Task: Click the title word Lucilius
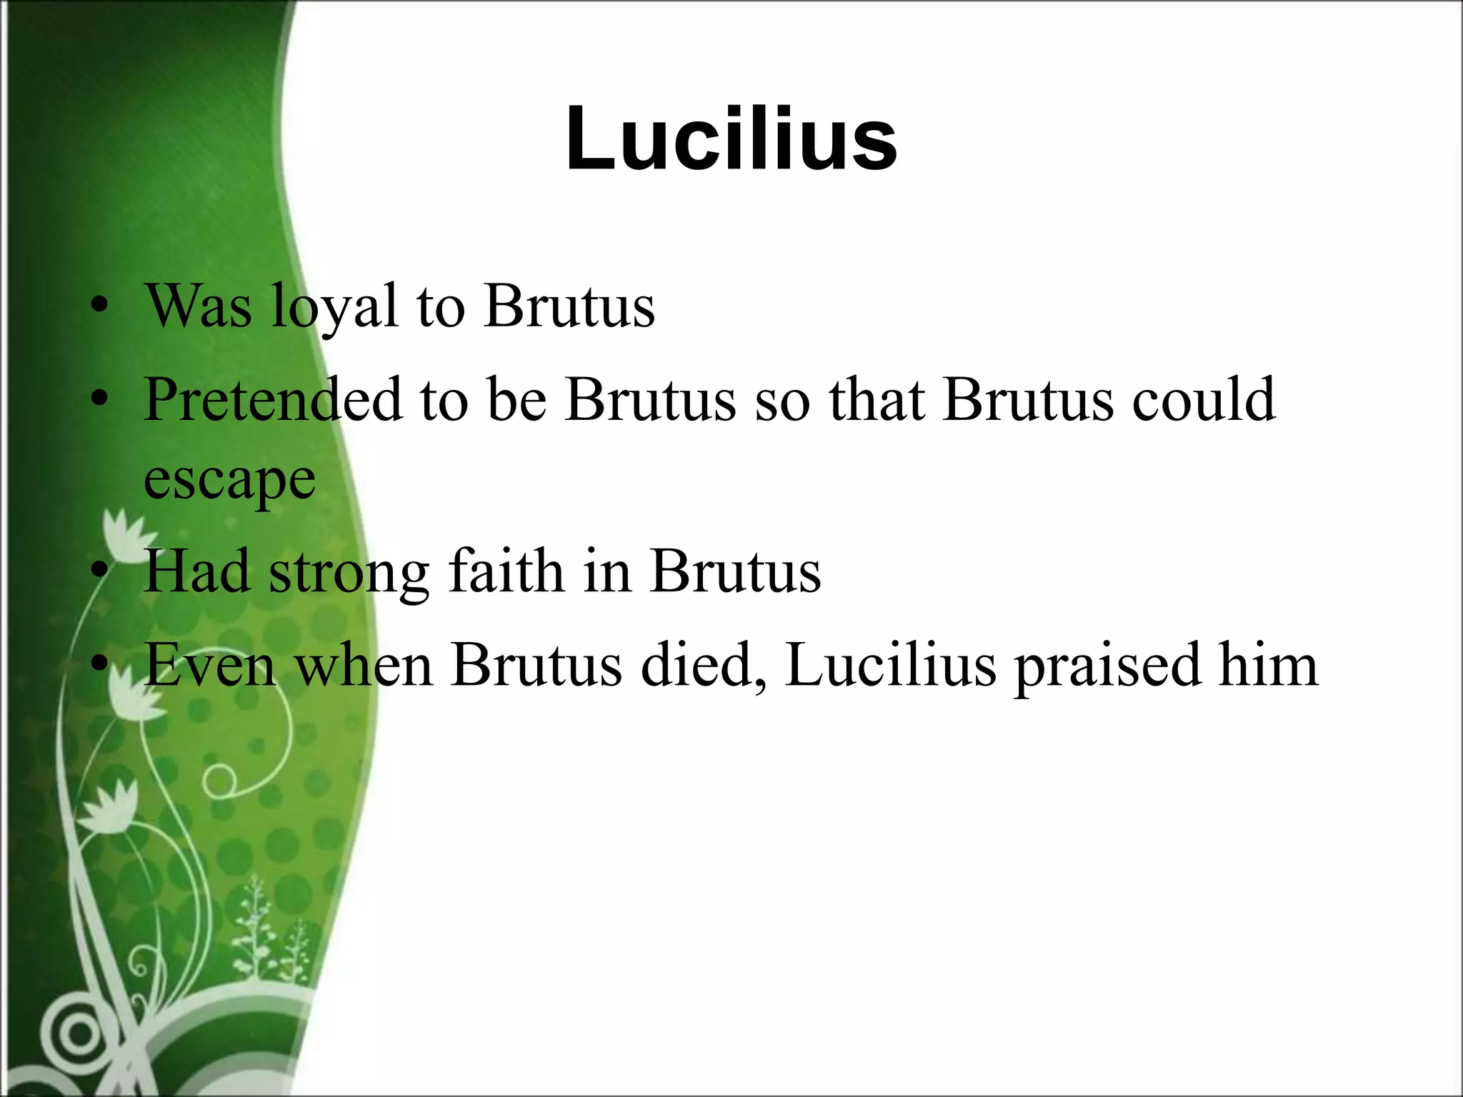[x=731, y=139]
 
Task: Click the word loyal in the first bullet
[x=334, y=307]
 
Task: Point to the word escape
[x=229, y=480]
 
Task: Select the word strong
[x=349, y=573]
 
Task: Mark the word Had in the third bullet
[x=196, y=573]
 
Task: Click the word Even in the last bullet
[x=210, y=666]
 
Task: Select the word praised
[x=1107, y=666]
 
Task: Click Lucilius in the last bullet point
[x=890, y=666]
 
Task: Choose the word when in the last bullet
[x=364, y=666]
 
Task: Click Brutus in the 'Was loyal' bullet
[x=569, y=307]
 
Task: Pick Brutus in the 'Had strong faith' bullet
[x=736, y=573]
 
